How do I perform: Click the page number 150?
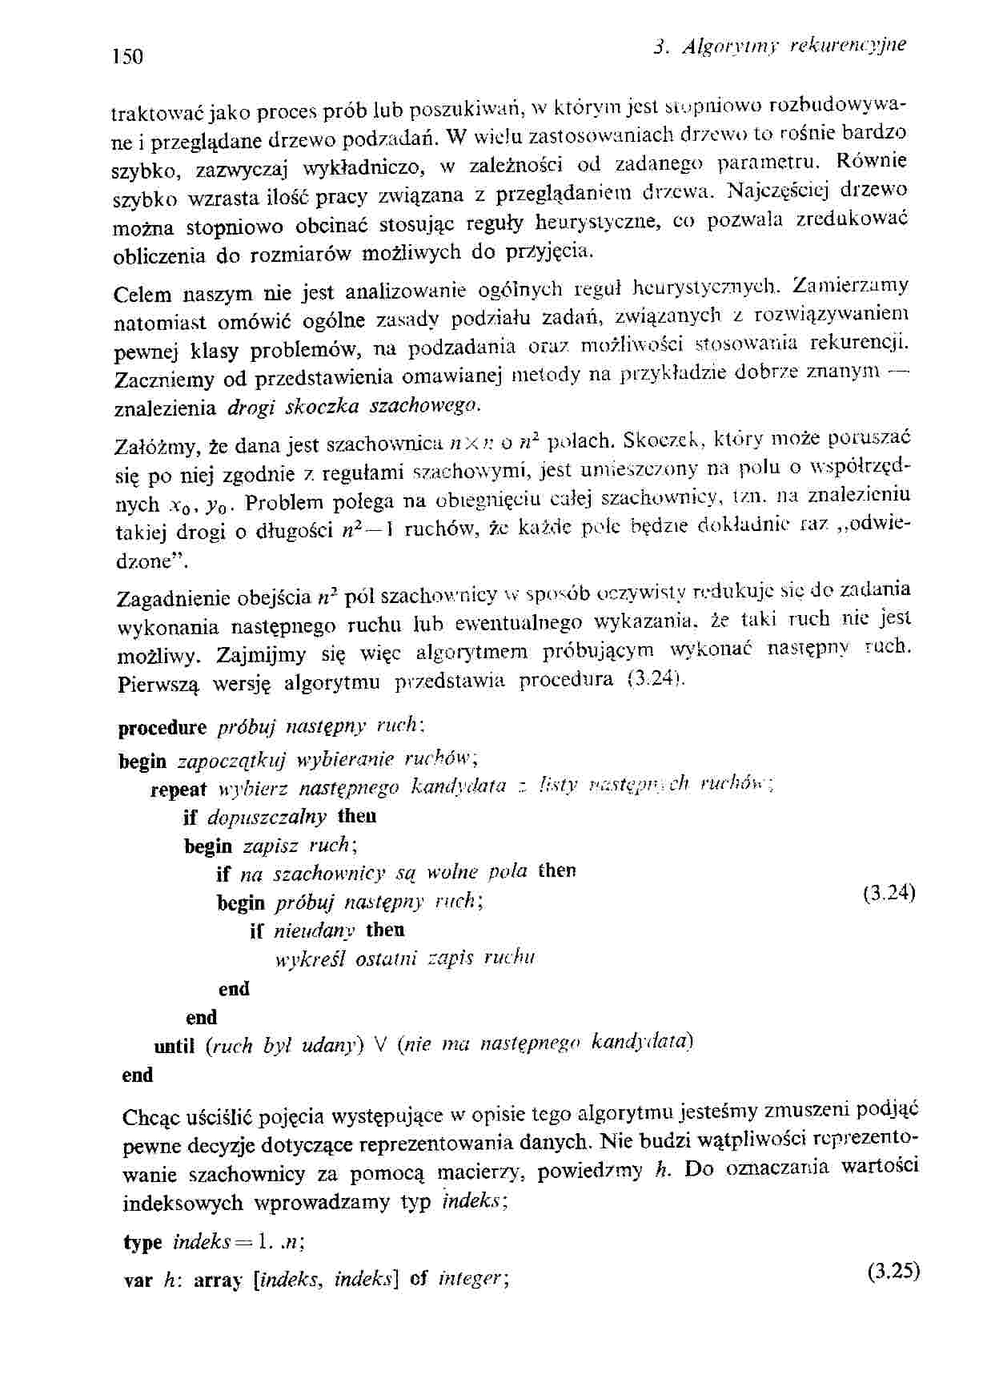point(127,57)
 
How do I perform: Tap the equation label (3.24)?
point(889,893)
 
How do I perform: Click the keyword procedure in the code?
point(162,728)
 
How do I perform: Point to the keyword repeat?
point(179,790)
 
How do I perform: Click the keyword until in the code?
point(175,1046)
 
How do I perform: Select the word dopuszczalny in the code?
point(267,817)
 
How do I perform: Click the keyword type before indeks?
point(143,1243)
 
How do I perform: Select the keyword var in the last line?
point(138,1280)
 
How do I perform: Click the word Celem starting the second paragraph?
point(143,294)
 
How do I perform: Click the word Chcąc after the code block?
point(149,1116)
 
